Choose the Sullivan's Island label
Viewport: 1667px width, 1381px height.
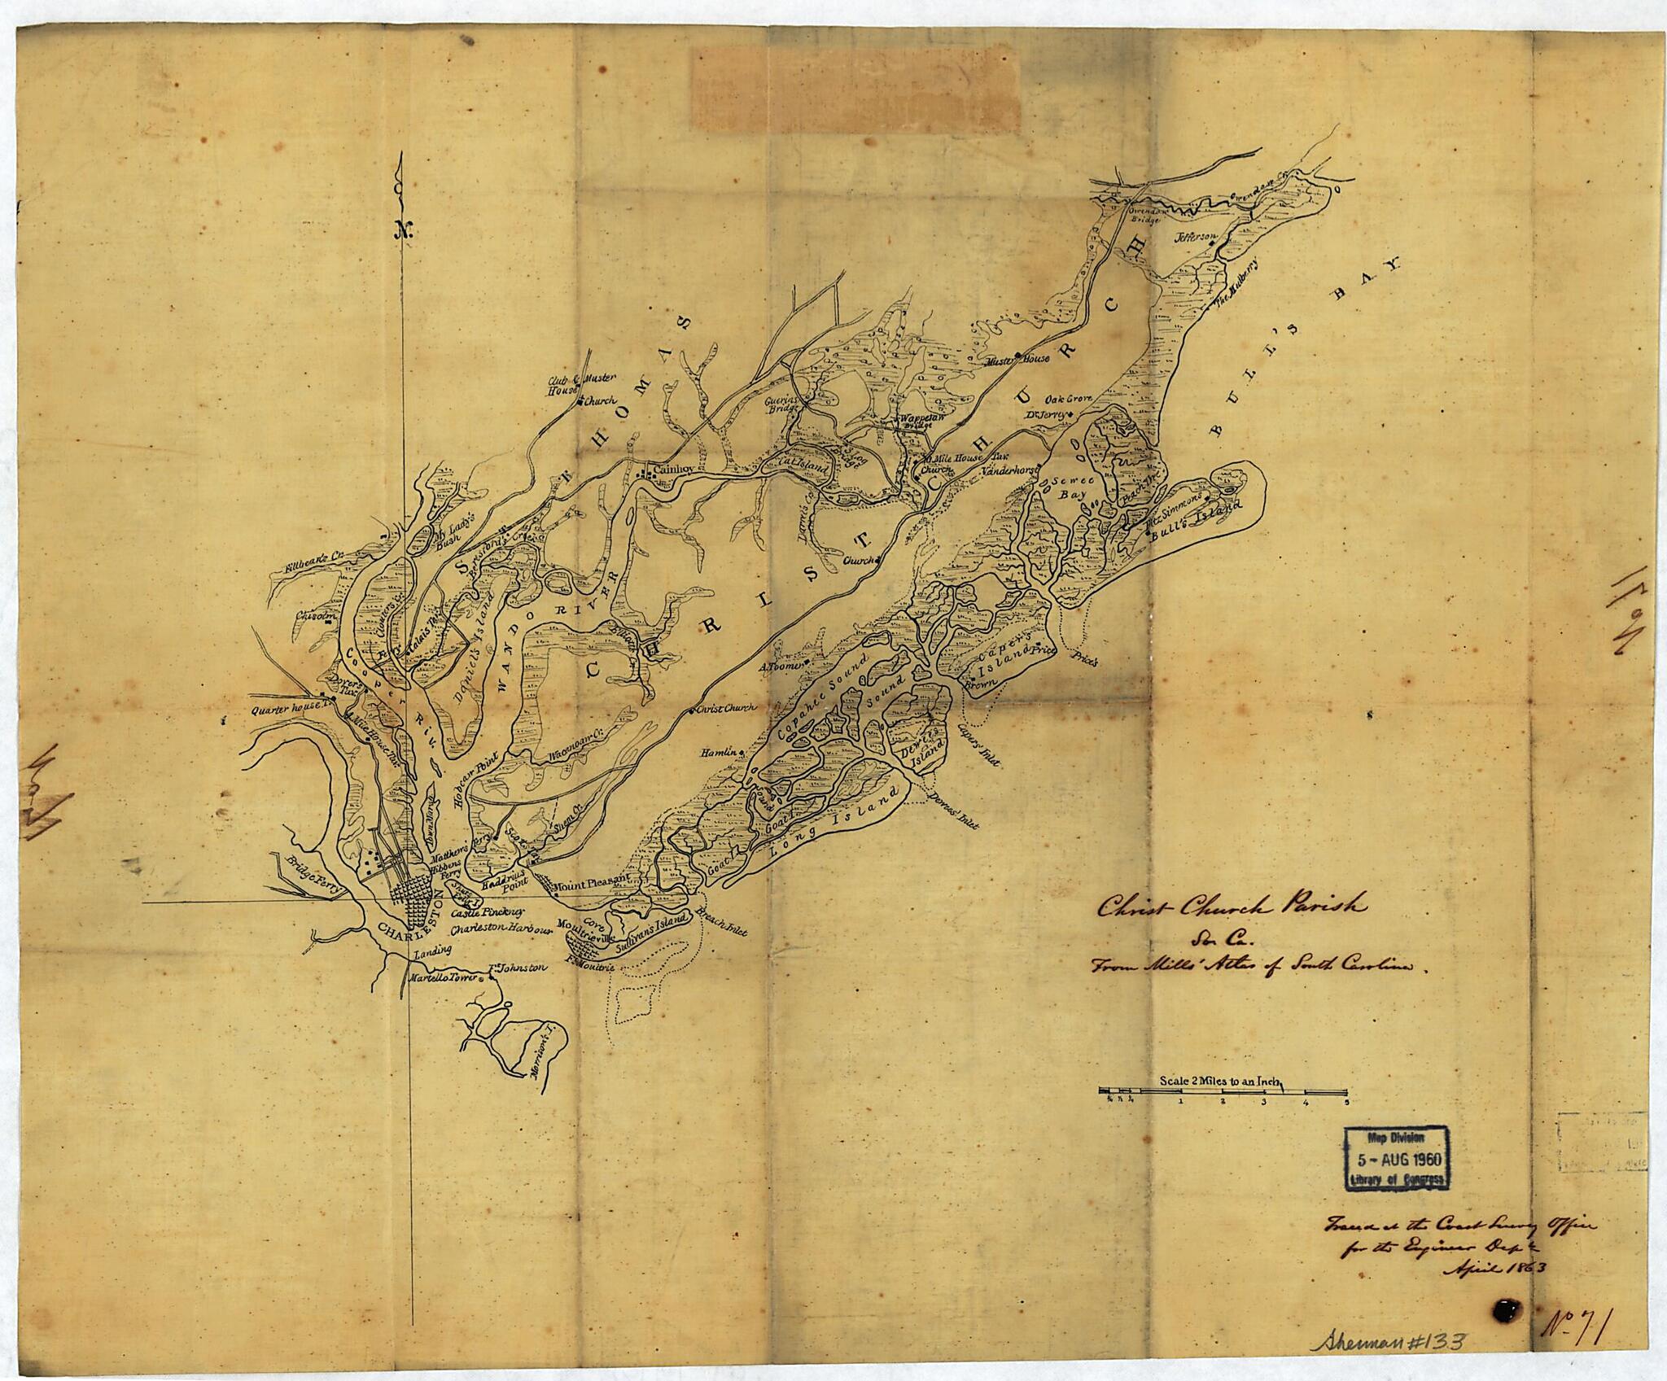click(x=652, y=936)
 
